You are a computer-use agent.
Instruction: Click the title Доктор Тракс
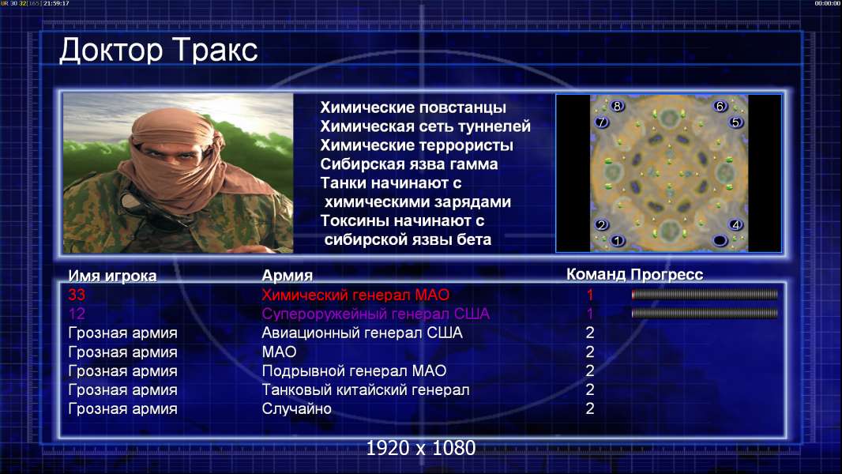click(x=159, y=51)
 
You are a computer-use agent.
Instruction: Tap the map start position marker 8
click(x=617, y=106)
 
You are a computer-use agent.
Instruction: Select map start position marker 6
click(x=720, y=107)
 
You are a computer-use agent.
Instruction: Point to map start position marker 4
click(x=735, y=224)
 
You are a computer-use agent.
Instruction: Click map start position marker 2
click(x=601, y=224)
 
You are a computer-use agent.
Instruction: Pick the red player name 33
click(x=77, y=295)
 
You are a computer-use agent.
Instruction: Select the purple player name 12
click(x=77, y=314)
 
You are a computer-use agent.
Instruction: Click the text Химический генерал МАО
click(x=355, y=295)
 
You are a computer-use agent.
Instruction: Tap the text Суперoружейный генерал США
click(x=376, y=314)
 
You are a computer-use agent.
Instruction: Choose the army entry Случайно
click(x=296, y=408)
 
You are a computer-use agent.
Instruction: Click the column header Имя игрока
click(x=112, y=276)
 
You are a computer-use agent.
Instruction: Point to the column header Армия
click(x=288, y=276)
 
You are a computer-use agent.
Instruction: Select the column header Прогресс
click(x=667, y=275)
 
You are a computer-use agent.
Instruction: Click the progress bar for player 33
click(x=705, y=294)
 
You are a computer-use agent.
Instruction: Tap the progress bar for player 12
click(x=705, y=313)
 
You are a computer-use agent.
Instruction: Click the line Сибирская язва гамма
click(x=409, y=164)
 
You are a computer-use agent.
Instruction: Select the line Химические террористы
click(x=417, y=145)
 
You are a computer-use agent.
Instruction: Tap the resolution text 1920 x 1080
click(x=421, y=448)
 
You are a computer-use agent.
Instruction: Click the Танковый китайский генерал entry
click(x=366, y=389)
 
